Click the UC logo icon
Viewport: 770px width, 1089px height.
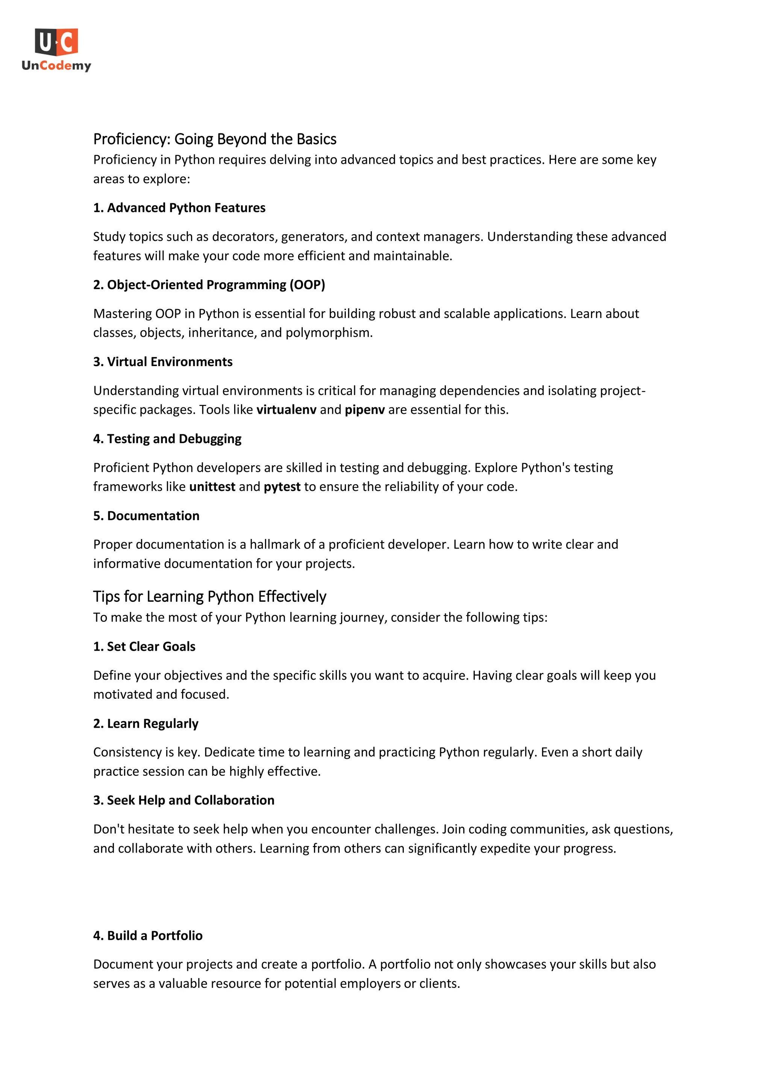coord(56,42)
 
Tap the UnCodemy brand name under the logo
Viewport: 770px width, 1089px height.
coord(56,65)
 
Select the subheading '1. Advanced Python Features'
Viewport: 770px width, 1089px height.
coord(179,208)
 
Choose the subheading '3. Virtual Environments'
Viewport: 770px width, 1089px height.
coord(163,362)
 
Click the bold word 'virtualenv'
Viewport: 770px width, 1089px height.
coord(286,410)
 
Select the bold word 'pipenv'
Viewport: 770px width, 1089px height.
coord(364,410)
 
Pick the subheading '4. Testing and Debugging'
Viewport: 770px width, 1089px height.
coord(167,439)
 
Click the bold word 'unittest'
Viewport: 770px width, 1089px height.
coord(212,487)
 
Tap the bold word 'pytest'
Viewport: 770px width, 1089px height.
coord(282,487)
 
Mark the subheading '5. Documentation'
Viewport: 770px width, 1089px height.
coord(146,516)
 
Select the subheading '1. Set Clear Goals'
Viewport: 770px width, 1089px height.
coord(144,647)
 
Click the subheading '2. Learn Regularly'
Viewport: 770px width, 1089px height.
coord(146,723)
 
